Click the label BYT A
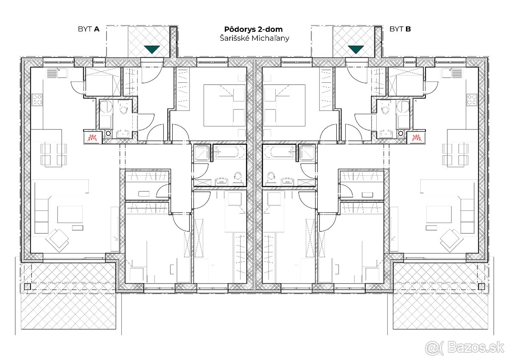tap(88, 29)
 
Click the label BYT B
tap(400, 29)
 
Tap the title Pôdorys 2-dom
tap(253, 29)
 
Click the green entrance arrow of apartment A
tap(152, 49)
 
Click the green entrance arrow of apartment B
tap(355, 49)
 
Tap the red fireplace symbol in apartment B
tap(417, 138)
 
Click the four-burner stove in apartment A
tap(37, 99)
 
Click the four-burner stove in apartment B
tap(472, 99)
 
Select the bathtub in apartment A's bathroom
tap(229, 152)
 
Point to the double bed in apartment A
tap(224, 105)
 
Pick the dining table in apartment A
tap(54, 154)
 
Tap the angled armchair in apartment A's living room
tap(57, 239)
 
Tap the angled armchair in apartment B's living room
tap(451, 239)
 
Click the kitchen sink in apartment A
tap(52, 73)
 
